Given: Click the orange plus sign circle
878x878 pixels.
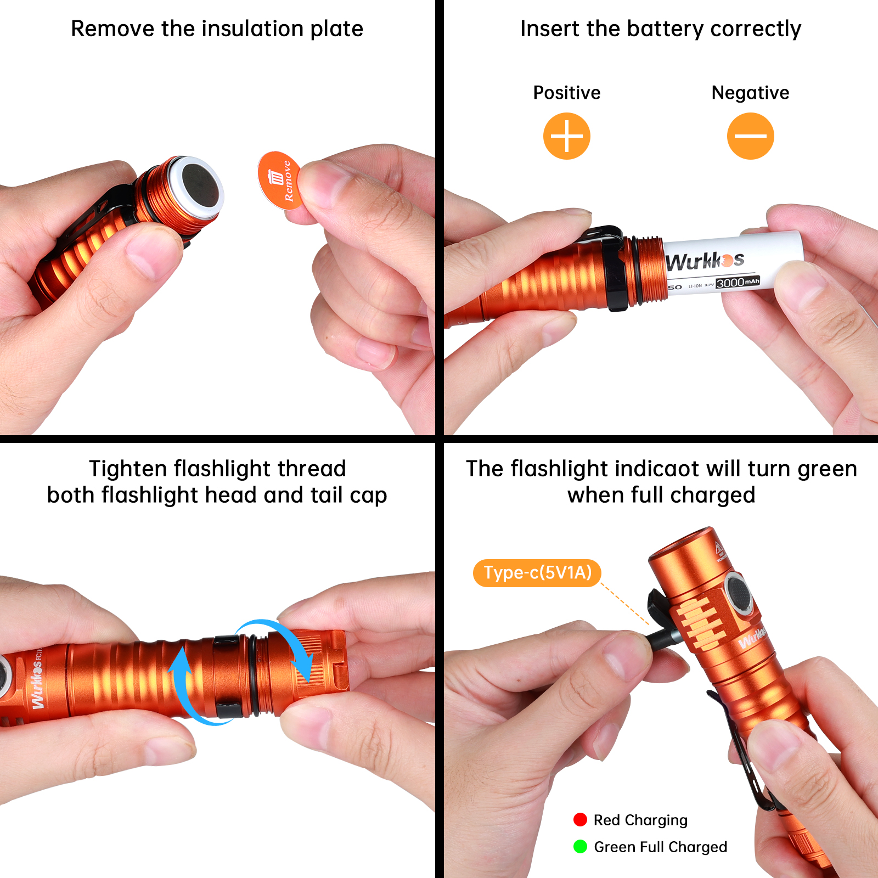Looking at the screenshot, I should tap(566, 136).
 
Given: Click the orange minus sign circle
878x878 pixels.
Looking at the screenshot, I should tap(750, 136).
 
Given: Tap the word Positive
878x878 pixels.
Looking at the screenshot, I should tap(566, 93).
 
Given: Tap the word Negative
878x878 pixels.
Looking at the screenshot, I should tap(750, 93).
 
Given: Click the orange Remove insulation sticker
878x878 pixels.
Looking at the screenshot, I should tap(279, 180).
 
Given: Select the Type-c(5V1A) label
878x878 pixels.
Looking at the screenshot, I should tap(537, 573).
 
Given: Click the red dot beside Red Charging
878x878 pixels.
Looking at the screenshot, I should tap(580, 820).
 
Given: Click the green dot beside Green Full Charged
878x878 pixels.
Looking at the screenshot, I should tap(580, 847).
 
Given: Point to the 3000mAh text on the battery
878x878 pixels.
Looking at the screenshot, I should tap(738, 283).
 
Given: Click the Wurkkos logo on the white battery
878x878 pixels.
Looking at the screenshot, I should tap(705, 261).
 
